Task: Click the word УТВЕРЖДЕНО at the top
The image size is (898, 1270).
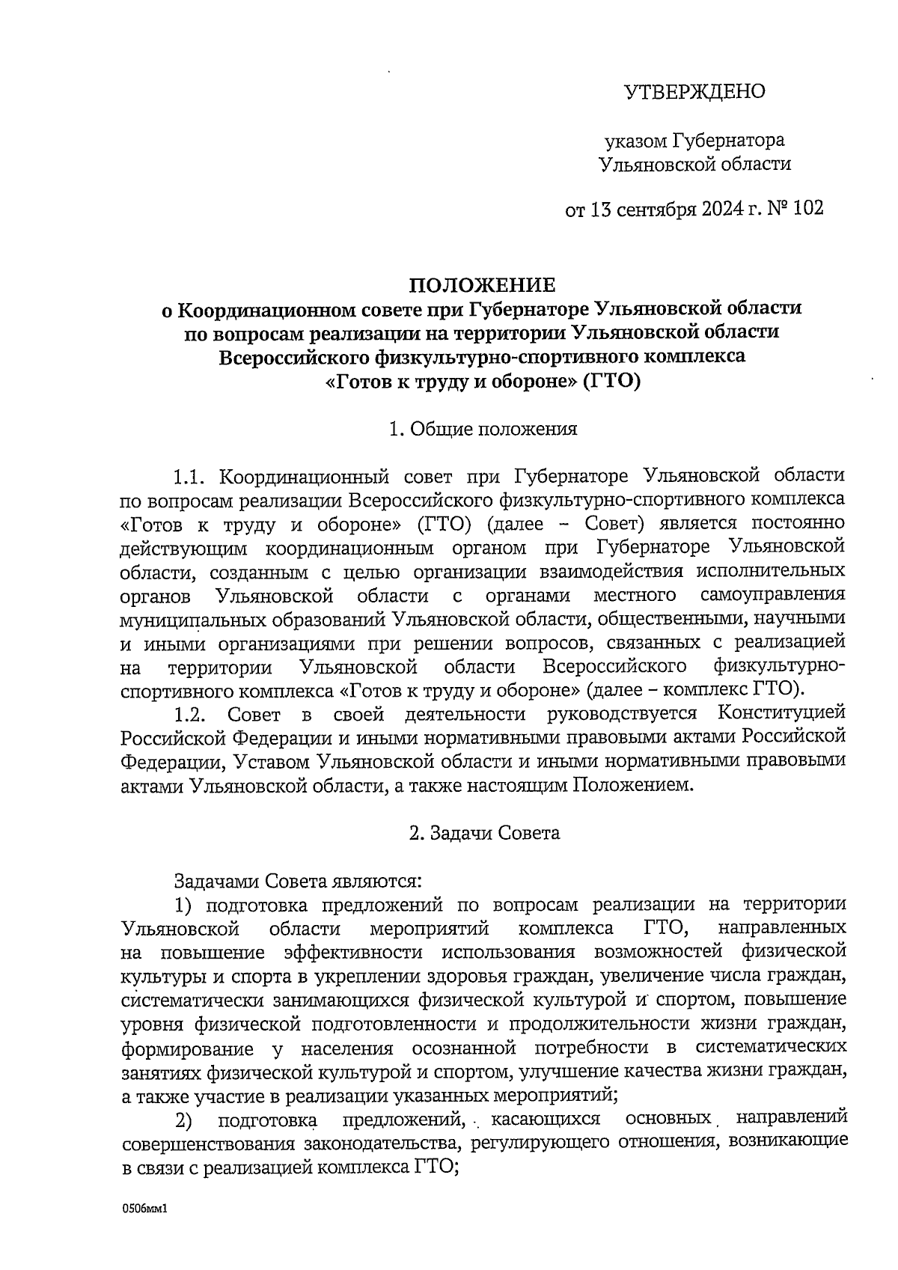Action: pyautogui.click(x=694, y=92)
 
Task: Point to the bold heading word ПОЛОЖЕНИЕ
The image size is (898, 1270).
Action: pyautogui.click(x=482, y=285)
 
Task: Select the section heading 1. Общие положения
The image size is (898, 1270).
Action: pyautogui.click(x=483, y=429)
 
